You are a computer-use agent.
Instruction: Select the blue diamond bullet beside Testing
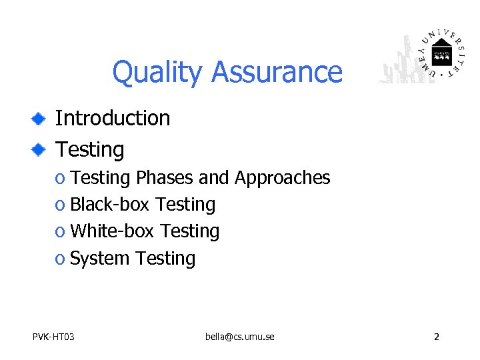coord(39,150)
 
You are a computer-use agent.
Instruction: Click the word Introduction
coord(112,118)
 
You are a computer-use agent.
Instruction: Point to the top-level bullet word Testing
coord(89,149)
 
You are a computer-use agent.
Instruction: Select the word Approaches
coord(282,178)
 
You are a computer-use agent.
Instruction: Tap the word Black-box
coord(110,205)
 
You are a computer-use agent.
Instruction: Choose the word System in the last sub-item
coord(99,259)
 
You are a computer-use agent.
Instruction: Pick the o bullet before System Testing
coord(60,259)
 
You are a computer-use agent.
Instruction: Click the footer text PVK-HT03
coord(53,337)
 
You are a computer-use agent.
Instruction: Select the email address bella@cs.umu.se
coord(239,337)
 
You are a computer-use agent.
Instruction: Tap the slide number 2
coord(436,337)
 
